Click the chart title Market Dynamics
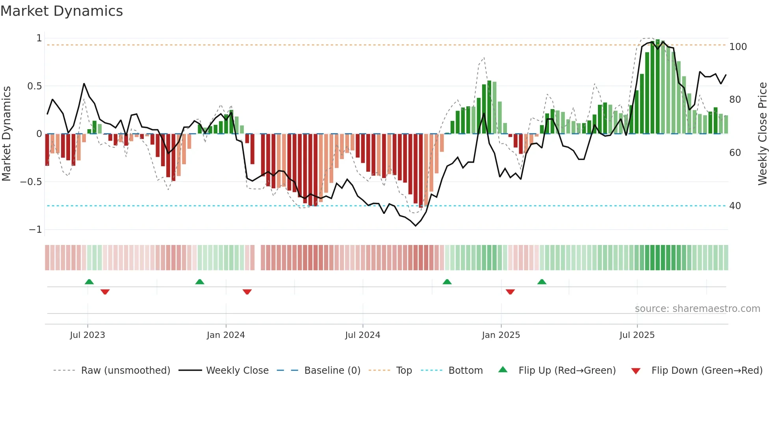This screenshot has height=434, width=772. coord(61,11)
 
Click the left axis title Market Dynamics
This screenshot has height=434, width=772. coord(6,134)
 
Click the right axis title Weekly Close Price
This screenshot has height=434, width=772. coord(763,134)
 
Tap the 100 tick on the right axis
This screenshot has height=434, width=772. coord(738,47)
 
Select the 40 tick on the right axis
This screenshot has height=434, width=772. coord(735,206)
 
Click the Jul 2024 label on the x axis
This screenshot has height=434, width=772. coord(362,335)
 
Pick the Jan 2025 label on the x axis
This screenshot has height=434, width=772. coord(501,335)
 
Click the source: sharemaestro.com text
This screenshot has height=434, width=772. coord(697,309)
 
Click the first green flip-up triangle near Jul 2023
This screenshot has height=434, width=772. coord(89,282)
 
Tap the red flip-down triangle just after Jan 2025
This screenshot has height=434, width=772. coord(510,292)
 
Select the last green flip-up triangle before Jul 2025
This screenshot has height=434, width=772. coord(542,282)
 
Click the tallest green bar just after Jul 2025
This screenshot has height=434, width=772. coord(658,87)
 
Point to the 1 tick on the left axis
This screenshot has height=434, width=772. coord(39,38)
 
